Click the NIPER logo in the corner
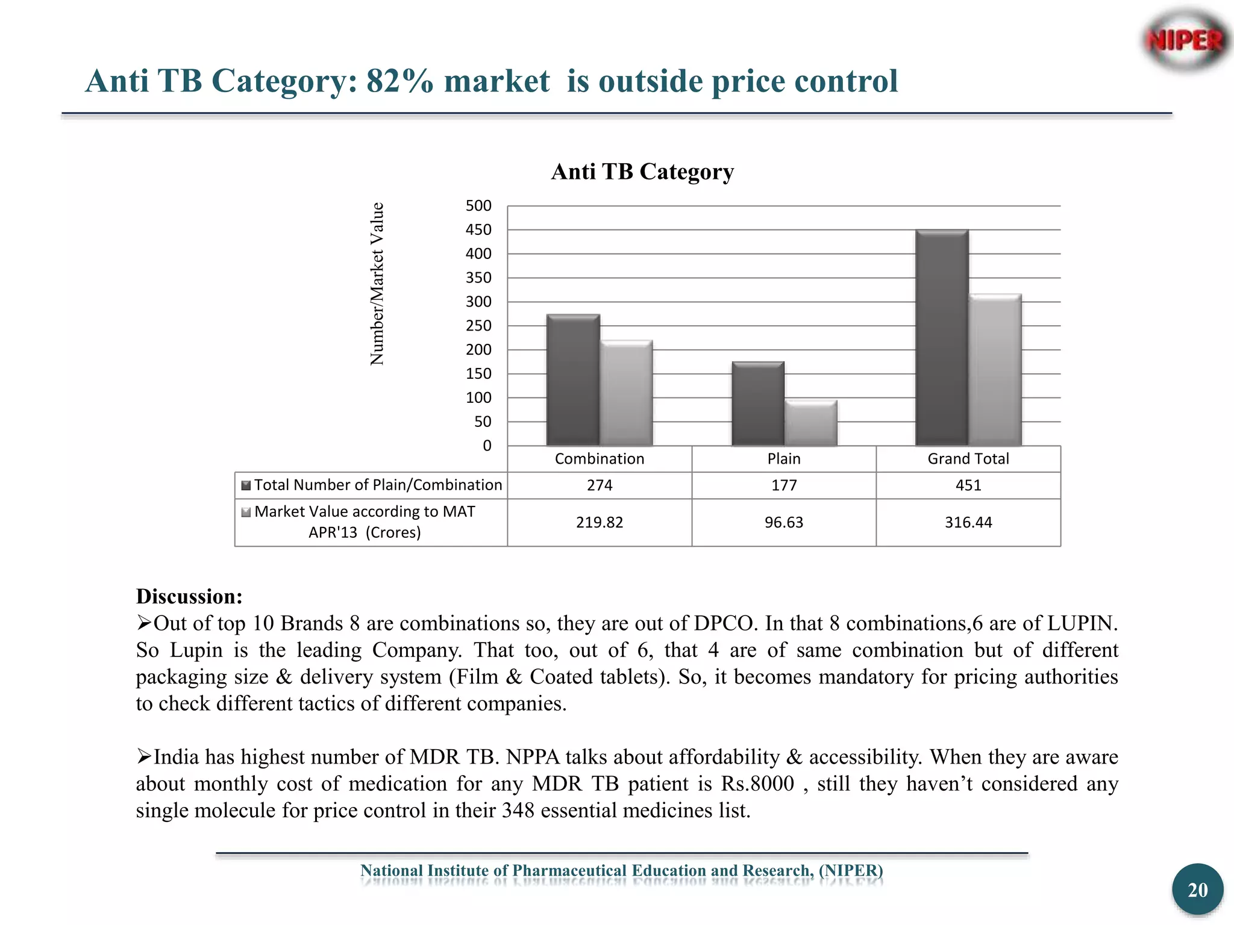[1185, 41]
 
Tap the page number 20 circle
[1197, 889]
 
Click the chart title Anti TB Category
[642, 172]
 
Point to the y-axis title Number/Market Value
[377, 284]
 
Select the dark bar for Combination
[573, 381]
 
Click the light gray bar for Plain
[811, 423]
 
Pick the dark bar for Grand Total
[942, 338]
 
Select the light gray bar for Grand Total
[995, 370]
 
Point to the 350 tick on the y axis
[478, 278]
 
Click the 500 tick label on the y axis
[478, 206]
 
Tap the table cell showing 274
[600, 485]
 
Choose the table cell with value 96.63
[784, 522]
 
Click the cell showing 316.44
[968, 522]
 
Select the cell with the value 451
[968, 485]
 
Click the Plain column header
[784, 459]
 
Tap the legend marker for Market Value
[246, 512]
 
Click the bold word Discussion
[189, 596]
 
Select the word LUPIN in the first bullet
[1082, 623]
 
